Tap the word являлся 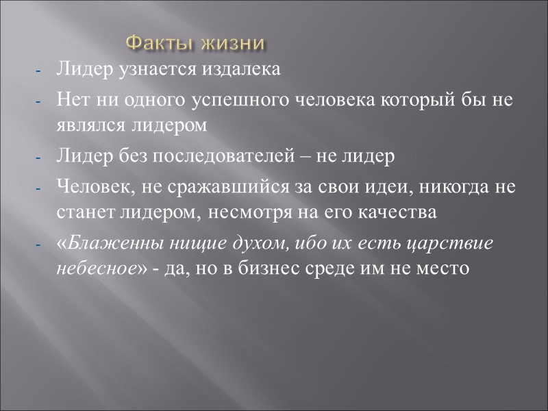(84, 125)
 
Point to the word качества (401, 212)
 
